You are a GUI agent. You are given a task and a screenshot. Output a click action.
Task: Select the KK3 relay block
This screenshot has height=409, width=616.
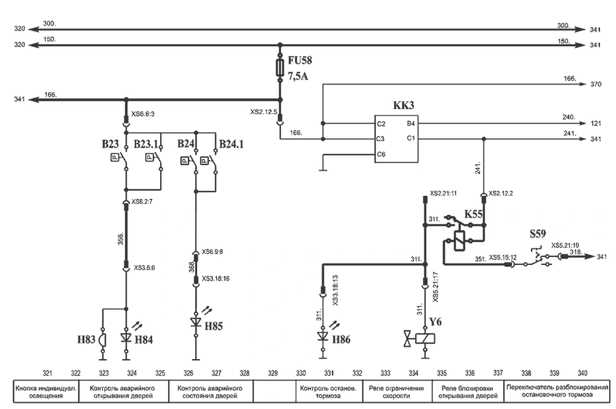point(396,138)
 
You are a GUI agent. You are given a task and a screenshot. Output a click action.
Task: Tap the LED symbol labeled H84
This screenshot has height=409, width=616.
point(127,337)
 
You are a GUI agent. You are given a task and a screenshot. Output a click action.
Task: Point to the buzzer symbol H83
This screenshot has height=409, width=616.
point(103,339)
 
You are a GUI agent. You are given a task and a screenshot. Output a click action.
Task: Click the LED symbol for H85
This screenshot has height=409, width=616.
point(196,322)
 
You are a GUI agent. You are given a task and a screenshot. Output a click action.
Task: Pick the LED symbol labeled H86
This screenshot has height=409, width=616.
point(323,337)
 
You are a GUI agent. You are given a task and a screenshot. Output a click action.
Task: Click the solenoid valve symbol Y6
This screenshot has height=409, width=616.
point(420,339)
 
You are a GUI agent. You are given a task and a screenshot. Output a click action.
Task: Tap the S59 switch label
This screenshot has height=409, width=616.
point(537,234)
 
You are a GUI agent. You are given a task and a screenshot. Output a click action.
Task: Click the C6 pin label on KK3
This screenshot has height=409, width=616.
point(381,155)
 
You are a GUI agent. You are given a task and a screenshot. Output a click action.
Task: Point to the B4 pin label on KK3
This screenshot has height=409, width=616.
point(410,124)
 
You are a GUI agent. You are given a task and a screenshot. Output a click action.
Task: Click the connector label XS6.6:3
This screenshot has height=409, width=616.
point(143,114)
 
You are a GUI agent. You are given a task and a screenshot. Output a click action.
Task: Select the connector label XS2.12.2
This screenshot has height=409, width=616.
point(501,194)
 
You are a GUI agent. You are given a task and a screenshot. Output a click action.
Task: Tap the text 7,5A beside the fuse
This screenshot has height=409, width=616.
point(298,76)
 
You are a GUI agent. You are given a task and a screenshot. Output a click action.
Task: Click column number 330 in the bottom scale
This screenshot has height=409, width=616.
point(301,373)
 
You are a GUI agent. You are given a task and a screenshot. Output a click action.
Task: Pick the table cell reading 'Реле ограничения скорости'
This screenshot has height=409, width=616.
point(397,392)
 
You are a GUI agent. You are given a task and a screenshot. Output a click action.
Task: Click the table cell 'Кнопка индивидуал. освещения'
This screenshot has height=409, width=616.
point(46,392)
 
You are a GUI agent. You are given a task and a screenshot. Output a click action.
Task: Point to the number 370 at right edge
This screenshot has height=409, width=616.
point(595,84)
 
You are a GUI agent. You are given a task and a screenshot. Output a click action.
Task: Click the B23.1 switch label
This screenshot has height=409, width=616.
point(146,144)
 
